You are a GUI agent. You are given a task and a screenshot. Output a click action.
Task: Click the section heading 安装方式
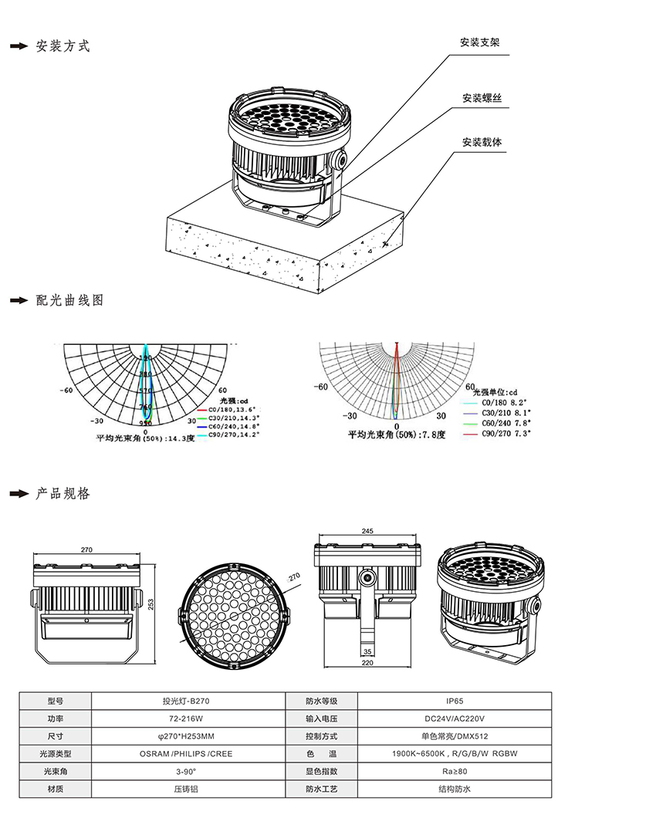63,46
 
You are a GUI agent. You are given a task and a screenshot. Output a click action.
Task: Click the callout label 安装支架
479,42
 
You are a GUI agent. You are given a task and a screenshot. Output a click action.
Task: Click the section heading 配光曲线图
69,300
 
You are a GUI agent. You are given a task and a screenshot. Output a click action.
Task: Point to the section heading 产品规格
63,493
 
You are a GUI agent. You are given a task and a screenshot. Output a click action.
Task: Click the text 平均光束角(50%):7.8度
397,435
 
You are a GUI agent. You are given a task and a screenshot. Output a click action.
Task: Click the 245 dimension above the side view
367,532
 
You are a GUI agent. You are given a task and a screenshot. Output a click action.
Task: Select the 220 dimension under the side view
367,662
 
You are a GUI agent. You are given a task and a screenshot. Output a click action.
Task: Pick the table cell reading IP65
455,701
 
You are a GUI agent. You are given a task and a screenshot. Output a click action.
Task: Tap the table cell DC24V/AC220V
455,719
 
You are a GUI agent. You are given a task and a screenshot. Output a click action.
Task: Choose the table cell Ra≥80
455,772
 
